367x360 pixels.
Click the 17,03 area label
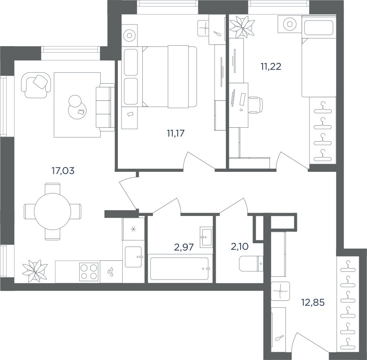point(63,171)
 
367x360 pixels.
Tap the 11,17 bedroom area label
point(175,133)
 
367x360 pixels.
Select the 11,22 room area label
point(271,67)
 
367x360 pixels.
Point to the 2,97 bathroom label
point(184,247)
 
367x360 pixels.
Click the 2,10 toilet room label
point(240,247)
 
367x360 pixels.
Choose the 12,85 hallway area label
point(313,302)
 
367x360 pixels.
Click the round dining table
point(53,211)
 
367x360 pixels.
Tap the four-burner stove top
point(89,271)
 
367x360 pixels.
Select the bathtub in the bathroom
point(179,269)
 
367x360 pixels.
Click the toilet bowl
point(251,264)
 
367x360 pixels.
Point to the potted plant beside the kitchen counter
point(35,271)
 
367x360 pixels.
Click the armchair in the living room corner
point(36,85)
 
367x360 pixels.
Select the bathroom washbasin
point(206,237)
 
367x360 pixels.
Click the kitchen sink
point(133,257)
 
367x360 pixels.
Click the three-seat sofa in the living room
point(105,107)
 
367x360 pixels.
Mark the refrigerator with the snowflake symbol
point(133,229)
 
